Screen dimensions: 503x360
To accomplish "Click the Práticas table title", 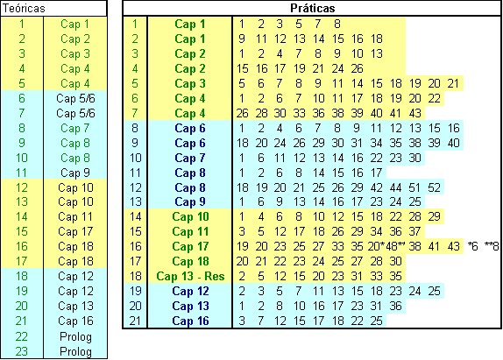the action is [313, 8].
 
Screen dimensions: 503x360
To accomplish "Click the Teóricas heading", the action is [24, 9].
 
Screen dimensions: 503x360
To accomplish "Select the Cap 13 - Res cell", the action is [190, 276].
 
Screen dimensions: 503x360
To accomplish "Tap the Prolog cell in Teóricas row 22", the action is [75, 336].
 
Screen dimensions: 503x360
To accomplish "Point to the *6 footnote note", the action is [473, 246].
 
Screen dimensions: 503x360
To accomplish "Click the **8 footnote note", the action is [492, 246].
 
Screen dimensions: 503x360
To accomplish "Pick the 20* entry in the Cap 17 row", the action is [376, 246].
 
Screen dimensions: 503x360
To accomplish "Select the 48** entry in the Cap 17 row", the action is [395, 246].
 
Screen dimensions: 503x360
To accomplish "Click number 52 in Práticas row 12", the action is [434, 187].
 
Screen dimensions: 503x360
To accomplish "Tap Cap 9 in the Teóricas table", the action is [75, 173].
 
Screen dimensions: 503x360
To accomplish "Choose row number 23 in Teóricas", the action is [22, 351].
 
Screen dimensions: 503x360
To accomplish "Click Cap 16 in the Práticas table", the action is [190, 321].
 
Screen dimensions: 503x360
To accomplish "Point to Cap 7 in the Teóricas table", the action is [75, 128].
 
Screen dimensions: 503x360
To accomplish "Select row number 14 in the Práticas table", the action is [135, 216].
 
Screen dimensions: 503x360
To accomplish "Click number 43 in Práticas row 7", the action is [414, 113].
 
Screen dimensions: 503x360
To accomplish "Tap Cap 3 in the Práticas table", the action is [190, 83].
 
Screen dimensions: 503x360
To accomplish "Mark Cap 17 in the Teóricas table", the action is [75, 231].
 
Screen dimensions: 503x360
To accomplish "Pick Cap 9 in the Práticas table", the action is [190, 201].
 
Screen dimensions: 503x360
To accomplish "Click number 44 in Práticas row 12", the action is [395, 187].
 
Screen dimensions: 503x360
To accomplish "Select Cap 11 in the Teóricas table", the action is [75, 216].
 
